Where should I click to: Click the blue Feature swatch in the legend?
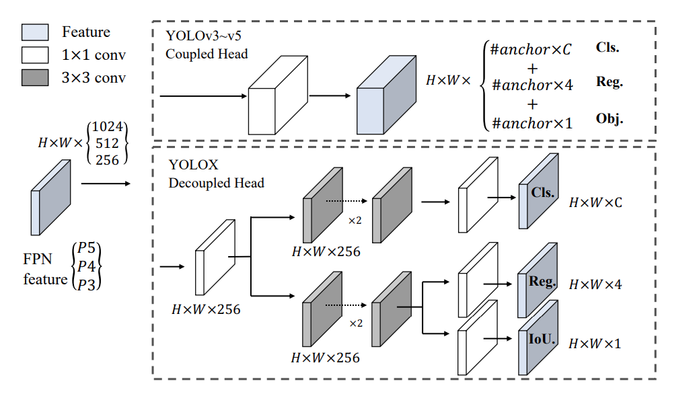(35, 32)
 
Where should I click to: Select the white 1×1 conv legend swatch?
(35, 55)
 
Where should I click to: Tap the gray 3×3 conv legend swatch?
(35, 77)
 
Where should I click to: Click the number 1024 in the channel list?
(107, 126)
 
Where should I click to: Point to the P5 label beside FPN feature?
(86, 248)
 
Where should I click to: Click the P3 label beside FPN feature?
(86, 284)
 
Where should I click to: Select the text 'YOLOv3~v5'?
(203, 36)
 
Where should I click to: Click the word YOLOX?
(194, 165)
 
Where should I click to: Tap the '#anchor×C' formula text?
(531, 49)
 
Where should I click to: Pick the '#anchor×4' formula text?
(532, 85)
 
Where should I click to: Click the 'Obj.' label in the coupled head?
(610, 118)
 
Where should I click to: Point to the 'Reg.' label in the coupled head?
(610, 81)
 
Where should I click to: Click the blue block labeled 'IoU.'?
(538, 337)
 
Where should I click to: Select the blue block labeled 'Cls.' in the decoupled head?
(538, 191)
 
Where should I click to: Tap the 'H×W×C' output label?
(595, 203)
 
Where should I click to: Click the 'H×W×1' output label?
(595, 344)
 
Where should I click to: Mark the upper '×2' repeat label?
(355, 220)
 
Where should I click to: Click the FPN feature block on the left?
(50, 198)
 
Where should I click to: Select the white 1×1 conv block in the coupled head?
(278, 95)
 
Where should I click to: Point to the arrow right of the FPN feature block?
(106, 184)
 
